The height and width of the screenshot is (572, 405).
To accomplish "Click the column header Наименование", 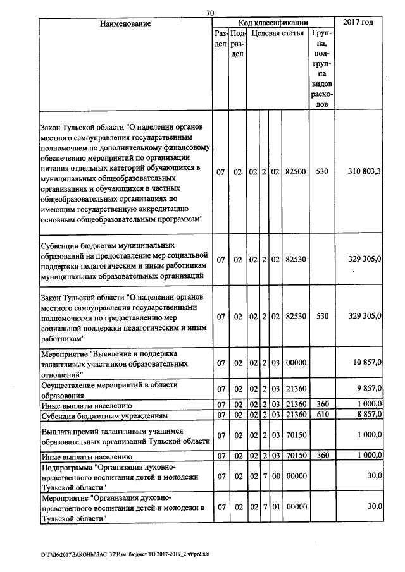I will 125,23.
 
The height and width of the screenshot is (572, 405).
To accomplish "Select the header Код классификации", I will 273,23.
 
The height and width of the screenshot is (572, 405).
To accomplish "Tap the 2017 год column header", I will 358,23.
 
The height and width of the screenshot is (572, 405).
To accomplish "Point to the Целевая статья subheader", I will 276,33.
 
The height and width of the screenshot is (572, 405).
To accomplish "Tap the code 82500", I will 296,171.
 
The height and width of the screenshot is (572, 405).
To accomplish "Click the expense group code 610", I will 322,415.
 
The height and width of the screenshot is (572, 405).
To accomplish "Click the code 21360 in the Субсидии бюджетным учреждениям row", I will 296,415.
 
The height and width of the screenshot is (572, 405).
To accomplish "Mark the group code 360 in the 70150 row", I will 322,455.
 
